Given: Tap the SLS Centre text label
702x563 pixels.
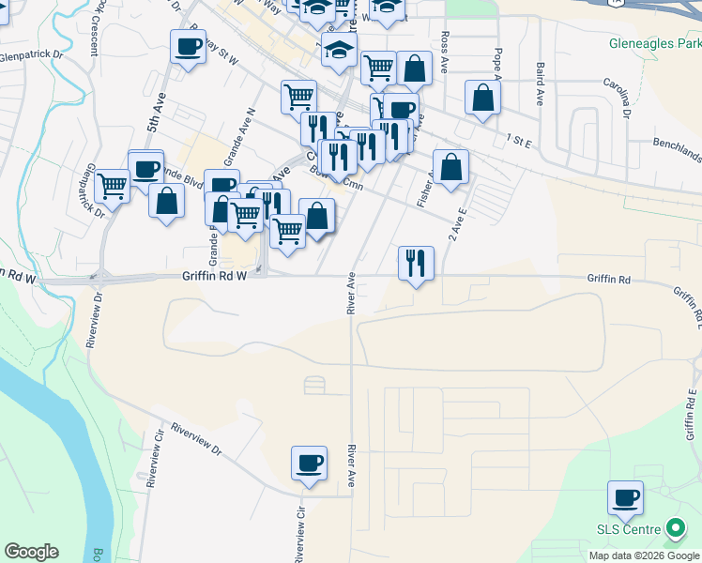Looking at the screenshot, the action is (x=631, y=530).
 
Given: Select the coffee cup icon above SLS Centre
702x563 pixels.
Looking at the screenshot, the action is (x=625, y=498).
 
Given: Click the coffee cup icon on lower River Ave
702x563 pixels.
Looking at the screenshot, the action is (x=309, y=464).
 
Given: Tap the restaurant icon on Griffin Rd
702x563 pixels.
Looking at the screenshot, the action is (x=416, y=263).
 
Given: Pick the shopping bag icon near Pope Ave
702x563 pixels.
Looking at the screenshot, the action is (x=482, y=98).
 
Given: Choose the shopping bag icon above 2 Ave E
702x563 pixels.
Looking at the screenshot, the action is (x=450, y=167).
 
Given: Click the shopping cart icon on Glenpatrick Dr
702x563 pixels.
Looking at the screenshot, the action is (x=113, y=186).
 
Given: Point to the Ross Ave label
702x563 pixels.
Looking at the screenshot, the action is (x=444, y=43).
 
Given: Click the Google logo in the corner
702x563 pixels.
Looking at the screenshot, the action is (x=31, y=552).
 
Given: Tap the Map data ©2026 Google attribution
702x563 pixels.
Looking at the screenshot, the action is (x=644, y=555).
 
